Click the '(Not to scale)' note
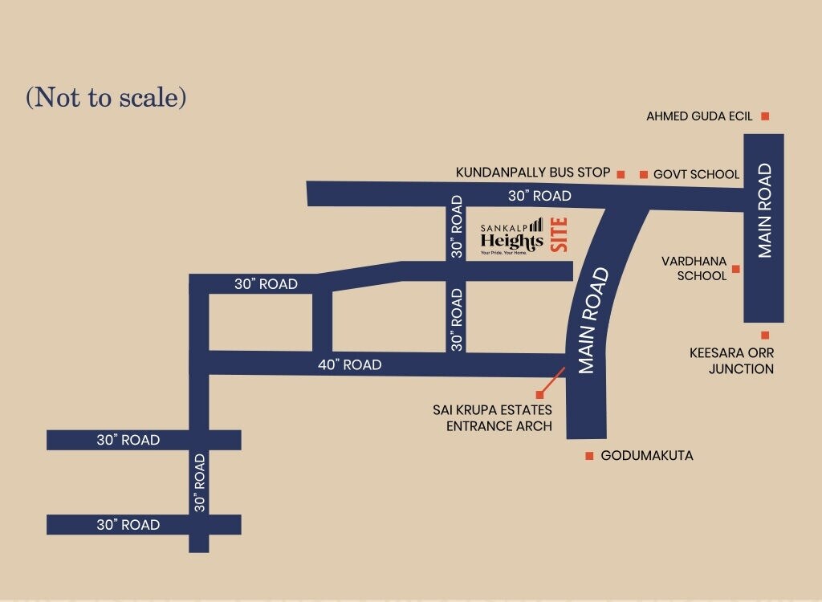tap(106, 97)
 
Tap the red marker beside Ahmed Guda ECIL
tap(765, 116)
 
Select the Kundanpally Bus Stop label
tap(533, 173)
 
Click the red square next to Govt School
tap(643, 174)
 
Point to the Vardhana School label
tap(694, 268)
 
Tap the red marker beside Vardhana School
tap(735, 269)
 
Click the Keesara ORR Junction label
tap(731, 361)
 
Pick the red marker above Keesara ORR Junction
tap(765, 336)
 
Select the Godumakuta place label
tap(647, 456)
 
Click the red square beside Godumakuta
tap(589, 456)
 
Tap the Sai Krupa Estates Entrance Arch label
tap(492, 418)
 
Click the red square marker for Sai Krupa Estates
tap(539, 395)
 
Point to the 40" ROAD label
tap(349, 364)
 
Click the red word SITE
tap(560, 236)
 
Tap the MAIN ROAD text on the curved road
tap(594, 321)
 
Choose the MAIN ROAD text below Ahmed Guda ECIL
tap(764, 210)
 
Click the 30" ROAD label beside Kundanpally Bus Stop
tap(539, 196)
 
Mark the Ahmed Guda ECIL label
tap(699, 116)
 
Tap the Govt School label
tap(696, 174)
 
